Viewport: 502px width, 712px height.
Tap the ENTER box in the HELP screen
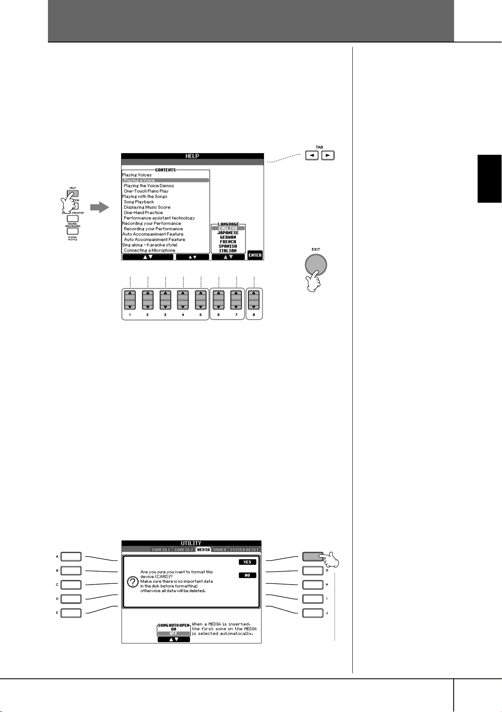[x=255, y=255]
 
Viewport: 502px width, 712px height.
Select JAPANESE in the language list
[x=228, y=233]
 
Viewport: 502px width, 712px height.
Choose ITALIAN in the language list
[x=228, y=251]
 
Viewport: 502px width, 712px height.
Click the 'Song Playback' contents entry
[x=139, y=202]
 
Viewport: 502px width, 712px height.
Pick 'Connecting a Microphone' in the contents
[x=149, y=250]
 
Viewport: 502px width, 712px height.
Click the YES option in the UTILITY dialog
[x=247, y=562]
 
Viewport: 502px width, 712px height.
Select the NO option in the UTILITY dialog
[x=247, y=575]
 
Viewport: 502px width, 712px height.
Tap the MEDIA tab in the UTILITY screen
[x=203, y=550]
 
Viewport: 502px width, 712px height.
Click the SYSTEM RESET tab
[x=244, y=550]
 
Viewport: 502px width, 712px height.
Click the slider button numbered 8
[x=254, y=300]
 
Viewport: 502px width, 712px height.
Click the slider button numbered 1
[x=130, y=300]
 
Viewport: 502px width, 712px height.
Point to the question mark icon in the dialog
[x=132, y=582]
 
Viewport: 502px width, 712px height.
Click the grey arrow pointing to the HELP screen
[x=99, y=207]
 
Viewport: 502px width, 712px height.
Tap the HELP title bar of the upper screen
[x=192, y=156]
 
